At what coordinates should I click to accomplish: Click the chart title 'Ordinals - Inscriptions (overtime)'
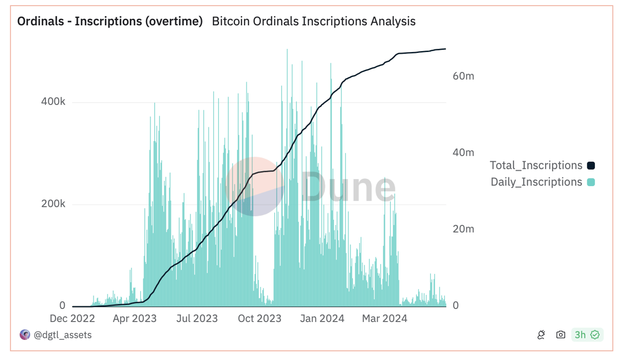pos(110,22)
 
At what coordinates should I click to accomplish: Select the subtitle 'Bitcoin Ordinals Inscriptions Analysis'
pos(313,22)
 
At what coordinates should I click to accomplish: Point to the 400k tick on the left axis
pos(53,102)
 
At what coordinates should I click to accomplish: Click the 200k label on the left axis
pos(53,204)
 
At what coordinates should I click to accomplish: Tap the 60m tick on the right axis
pos(463,76)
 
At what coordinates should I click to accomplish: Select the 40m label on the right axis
pos(463,152)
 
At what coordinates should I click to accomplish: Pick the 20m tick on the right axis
pos(463,229)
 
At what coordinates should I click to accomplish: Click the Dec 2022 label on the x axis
pos(72,319)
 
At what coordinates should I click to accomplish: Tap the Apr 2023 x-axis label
pos(135,319)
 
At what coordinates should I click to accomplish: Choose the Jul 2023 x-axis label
pos(197,319)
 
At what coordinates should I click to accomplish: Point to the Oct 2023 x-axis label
pos(259,319)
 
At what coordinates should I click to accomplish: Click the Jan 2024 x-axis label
pos(322,319)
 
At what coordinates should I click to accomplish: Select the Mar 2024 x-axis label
pos(385,319)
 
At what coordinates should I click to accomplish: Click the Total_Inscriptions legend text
pos(536,165)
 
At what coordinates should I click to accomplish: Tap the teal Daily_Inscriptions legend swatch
pos(591,182)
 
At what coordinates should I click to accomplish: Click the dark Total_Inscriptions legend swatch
pos(591,165)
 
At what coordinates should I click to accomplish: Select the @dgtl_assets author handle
pos(62,335)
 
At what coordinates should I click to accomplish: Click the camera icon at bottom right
pos(560,335)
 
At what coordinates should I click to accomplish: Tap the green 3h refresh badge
pos(587,335)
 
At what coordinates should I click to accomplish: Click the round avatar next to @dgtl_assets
pos(24,335)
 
